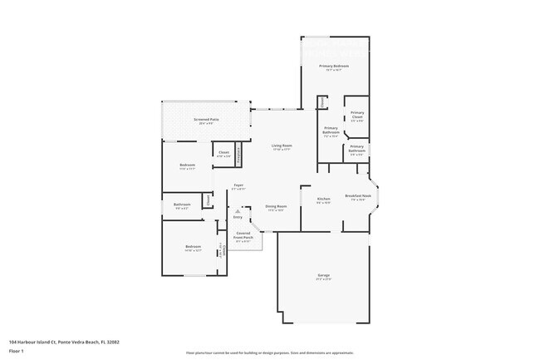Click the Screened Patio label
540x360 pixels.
coord(205,120)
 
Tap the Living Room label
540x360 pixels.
coord(281,146)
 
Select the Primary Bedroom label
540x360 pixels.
coord(334,66)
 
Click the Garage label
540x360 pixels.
coord(323,275)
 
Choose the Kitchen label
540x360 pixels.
coord(324,199)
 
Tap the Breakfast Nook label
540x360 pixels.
coord(358,198)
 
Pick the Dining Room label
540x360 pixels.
coord(276,206)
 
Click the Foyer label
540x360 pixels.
coord(238,185)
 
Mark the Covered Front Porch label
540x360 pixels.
coord(243,235)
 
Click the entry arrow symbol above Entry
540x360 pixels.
coord(237,211)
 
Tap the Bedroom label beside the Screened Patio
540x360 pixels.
coord(187,165)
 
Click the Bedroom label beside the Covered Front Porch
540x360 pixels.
coord(193,246)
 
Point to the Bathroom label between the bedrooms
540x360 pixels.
coord(182,204)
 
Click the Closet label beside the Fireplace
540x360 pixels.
coord(223,152)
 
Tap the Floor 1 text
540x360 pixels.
coord(17,351)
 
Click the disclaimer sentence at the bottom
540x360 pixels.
coord(270,353)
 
